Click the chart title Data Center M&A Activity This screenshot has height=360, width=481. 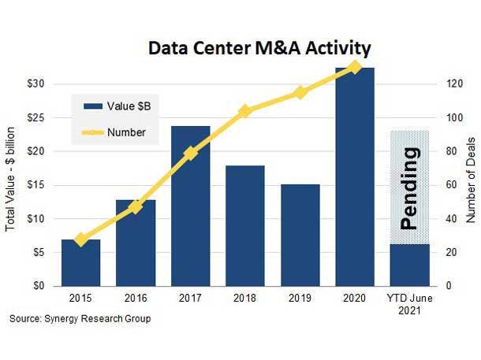(259, 49)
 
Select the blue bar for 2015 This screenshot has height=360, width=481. (81, 262)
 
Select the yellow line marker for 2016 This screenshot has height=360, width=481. (136, 207)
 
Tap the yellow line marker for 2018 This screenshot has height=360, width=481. (245, 111)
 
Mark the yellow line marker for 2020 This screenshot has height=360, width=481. (355, 67)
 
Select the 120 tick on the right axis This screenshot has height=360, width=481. (447, 84)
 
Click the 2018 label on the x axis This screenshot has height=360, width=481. (245, 299)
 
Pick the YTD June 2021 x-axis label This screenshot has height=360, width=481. (409, 305)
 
